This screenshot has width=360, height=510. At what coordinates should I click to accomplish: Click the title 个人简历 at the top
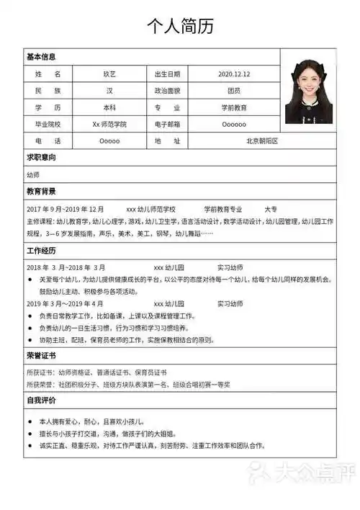point(180,27)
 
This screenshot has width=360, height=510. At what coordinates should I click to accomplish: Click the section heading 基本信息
point(41,57)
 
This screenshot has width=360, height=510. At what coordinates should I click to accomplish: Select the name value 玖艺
point(109,74)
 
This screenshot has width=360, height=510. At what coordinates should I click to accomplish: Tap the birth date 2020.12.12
point(233,74)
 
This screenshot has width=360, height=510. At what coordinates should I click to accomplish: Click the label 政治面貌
point(167,91)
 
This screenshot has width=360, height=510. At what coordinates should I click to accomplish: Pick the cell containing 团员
point(233,91)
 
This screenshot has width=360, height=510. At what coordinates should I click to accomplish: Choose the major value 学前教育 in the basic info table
point(233,107)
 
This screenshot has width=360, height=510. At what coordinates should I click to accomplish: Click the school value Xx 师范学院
point(109,124)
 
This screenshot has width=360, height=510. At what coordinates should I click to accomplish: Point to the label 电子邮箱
point(167,124)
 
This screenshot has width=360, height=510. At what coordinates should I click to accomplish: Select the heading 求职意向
point(41,158)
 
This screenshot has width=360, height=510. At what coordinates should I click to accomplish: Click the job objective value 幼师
point(33,175)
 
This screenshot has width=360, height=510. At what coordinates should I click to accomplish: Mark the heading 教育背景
point(41,192)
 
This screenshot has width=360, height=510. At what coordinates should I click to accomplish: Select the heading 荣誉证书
point(41,356)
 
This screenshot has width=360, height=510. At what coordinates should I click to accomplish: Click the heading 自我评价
point(41,400)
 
